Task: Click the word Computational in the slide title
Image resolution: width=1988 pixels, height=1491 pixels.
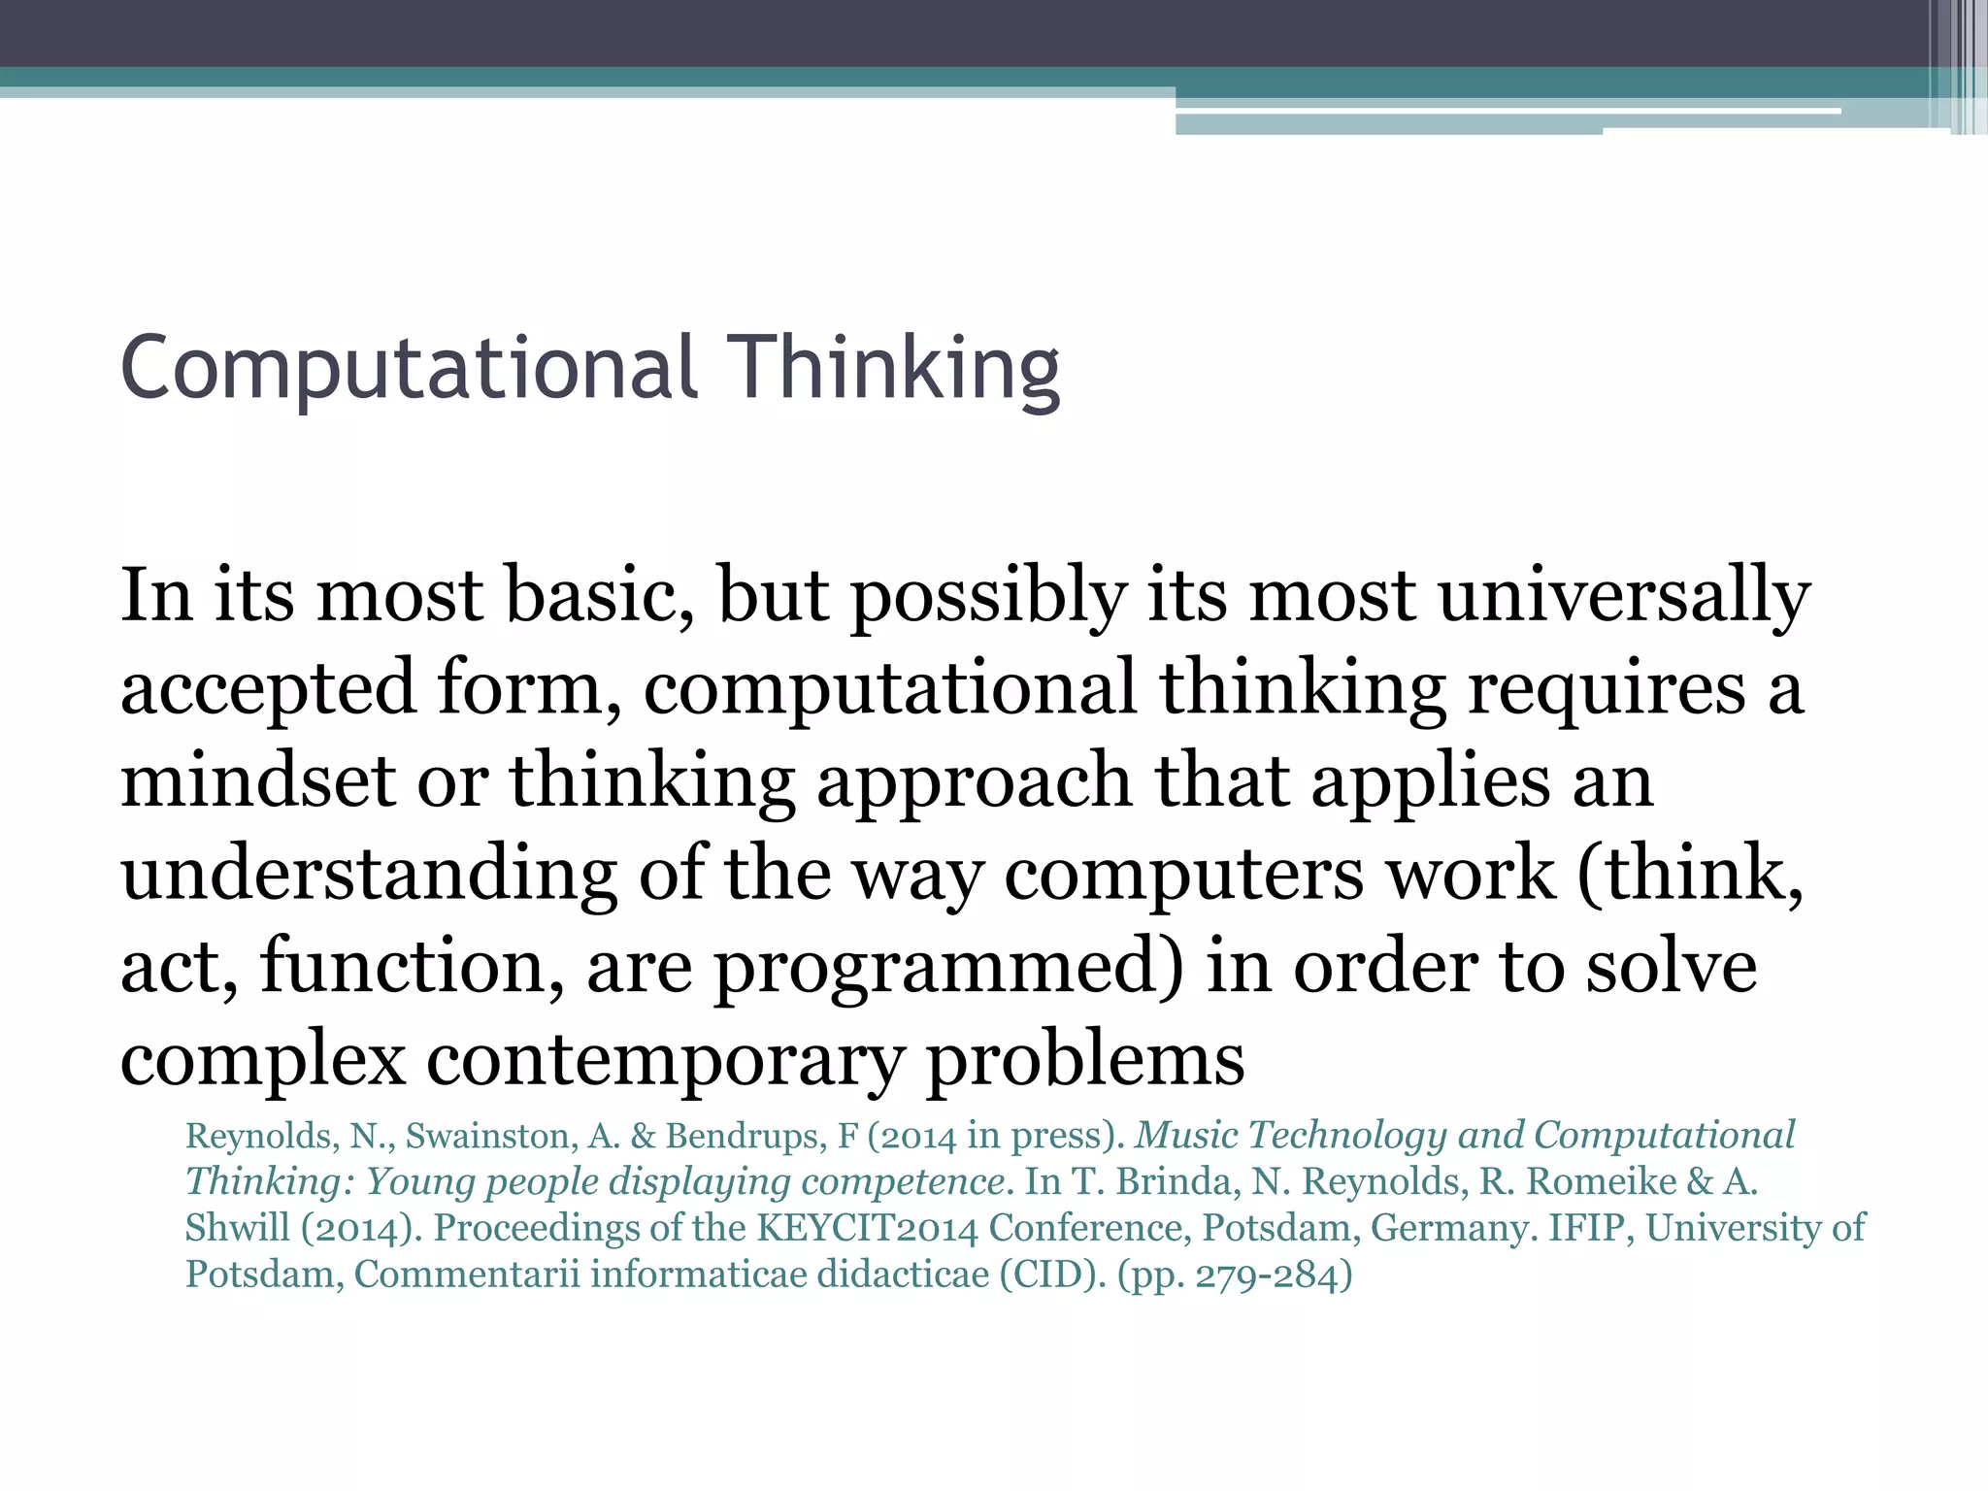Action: [x=409, y=368]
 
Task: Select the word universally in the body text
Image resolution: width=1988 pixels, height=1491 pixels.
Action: [x=1624, y=595]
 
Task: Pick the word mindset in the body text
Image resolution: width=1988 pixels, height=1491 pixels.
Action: [x=258, y=781]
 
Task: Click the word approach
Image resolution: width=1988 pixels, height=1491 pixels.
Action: [x=974, y=781]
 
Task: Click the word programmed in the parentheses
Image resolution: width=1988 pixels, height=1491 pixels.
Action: [x=949, y=967]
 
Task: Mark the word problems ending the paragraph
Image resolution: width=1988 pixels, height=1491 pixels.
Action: [x=1085, y=1060]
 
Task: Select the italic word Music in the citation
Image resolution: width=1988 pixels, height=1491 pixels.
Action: [x=1186, y=1136]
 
